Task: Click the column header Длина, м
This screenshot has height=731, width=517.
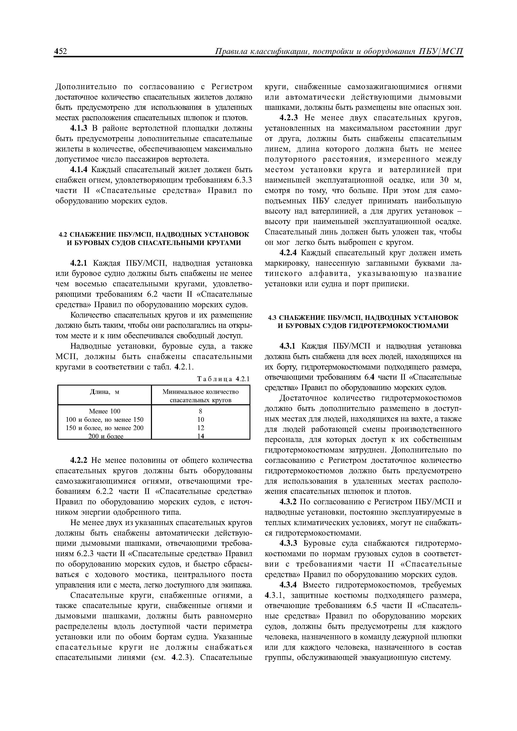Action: coord(104,392)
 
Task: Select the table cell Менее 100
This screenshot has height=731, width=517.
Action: coord(104,411)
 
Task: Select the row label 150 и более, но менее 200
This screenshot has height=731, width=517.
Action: coord(104,428)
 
